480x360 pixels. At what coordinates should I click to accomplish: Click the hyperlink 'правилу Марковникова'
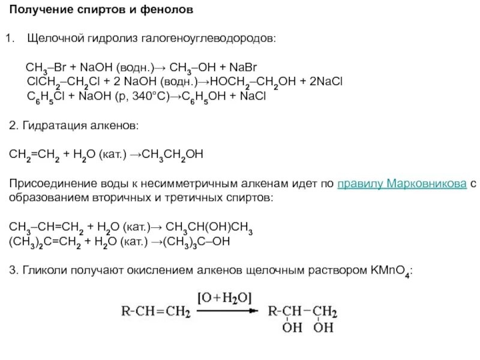[x=403, y=184]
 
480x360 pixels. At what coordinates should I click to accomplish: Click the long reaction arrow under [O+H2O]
[x=226, y=311]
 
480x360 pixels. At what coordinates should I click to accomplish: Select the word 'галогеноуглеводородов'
[x=209, y=38]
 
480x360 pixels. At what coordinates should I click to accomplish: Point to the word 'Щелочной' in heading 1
[x=54, y=38]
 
